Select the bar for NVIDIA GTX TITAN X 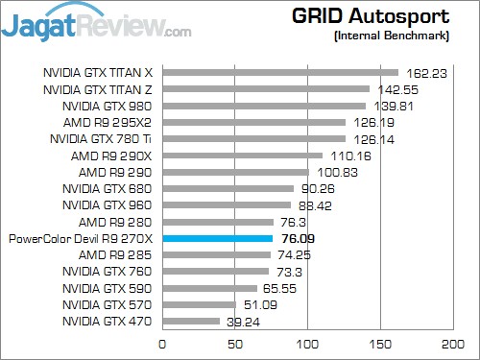tap(280, 72)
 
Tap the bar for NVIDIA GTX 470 tap(191, 322)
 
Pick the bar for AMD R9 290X tap(243, 156)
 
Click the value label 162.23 tap(425, 72)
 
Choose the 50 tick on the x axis tap(235, 343)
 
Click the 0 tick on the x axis tap(162, 343)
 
